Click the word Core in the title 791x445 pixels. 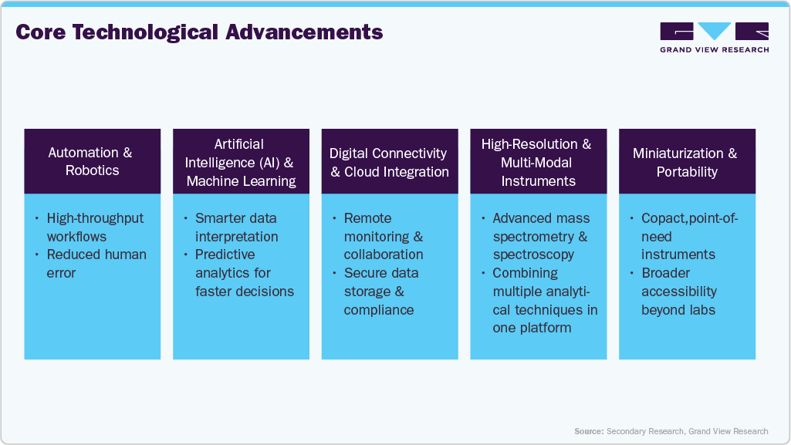tap(41, 32)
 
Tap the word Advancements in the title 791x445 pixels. tap(304, 32)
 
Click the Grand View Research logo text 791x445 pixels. tap(715, 49)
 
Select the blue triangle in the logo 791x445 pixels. tap(715, 31)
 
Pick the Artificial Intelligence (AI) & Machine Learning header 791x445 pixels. tap(241, 161)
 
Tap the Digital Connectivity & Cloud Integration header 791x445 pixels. tap(390, 161)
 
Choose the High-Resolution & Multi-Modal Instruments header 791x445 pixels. tap(538, 161)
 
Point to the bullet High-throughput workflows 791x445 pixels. tap(95, 228)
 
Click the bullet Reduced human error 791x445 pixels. tap(96, 264)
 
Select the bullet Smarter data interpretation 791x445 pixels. tap(236, 228)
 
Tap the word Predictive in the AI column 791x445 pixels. tap(225, 255)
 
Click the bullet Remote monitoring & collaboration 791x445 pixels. tap(384, 236)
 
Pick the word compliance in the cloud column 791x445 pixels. tap(379, 310)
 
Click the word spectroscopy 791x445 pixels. tap(533, 255)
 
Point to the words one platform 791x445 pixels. tap(532, 328)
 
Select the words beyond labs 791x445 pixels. tap(678, 310)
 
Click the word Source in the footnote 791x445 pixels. tap(589, 431)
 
